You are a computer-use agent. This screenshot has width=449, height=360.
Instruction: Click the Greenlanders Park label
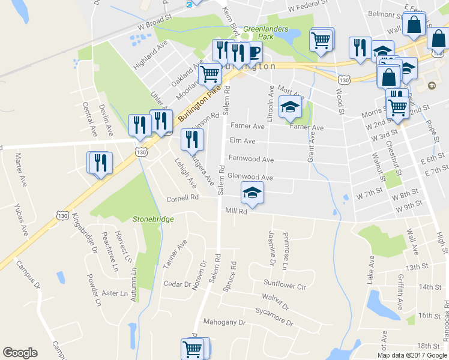[266, 32]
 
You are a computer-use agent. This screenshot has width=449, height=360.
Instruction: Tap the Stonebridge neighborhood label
[153, 219]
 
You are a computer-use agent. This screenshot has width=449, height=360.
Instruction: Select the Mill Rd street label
[236, 212]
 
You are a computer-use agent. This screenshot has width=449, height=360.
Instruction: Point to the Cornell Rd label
[182, 197]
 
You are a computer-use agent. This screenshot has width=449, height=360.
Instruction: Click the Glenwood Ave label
[250, 178]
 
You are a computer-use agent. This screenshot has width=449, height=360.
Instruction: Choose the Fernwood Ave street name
[251, 160]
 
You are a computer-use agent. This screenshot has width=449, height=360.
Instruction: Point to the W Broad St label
[154, 26]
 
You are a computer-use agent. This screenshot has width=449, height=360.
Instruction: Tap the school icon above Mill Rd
[252, 193]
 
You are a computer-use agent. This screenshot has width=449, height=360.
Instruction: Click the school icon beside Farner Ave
[291, 106]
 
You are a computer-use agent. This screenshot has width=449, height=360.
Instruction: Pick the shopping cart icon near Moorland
[209, 74]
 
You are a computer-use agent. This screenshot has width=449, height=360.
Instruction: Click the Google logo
[20, 353]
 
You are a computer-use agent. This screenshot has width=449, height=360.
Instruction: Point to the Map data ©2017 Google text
[411, 355]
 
